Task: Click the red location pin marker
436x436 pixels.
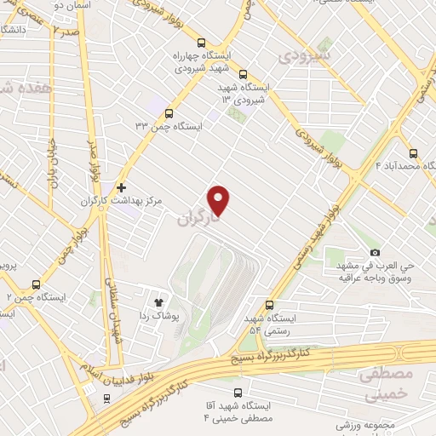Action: click(219, 200)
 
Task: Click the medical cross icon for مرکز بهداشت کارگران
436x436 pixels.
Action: click(122, 187)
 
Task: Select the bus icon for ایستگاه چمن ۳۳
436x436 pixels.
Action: click(169, 112)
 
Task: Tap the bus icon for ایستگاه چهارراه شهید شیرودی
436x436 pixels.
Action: click(201, 43)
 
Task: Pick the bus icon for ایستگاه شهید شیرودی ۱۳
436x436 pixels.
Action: click(244, 74)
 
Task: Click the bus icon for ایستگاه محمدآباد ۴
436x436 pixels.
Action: click(413, 153)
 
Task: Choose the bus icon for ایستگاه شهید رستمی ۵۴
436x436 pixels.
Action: click(271, 304)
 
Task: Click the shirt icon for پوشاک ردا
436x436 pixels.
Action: click(158, 301)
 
